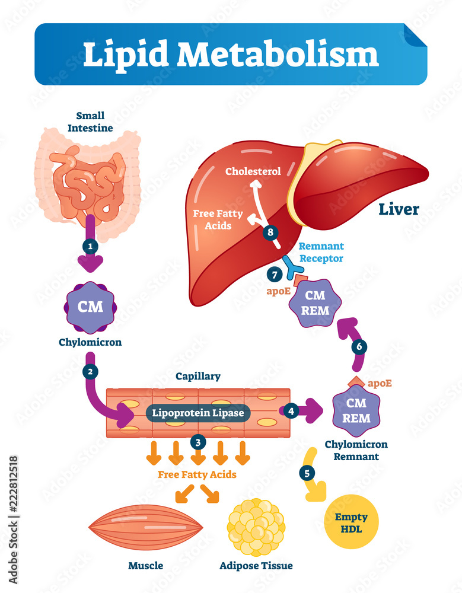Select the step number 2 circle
90,372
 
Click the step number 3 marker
197,441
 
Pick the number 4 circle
291,410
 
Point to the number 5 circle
305,473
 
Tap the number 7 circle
274,275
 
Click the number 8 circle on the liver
270,232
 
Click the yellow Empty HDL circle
351,522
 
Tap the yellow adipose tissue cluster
256,527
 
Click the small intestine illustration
89,184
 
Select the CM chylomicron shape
90,306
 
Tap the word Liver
399,209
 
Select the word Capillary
198,376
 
